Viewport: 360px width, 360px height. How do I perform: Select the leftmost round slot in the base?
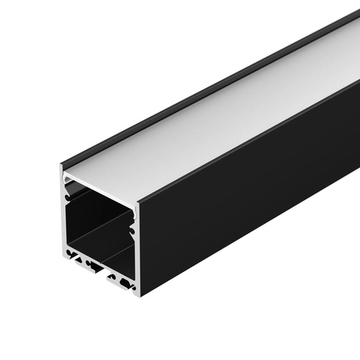pyautogui.click(x=70, y=255)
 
